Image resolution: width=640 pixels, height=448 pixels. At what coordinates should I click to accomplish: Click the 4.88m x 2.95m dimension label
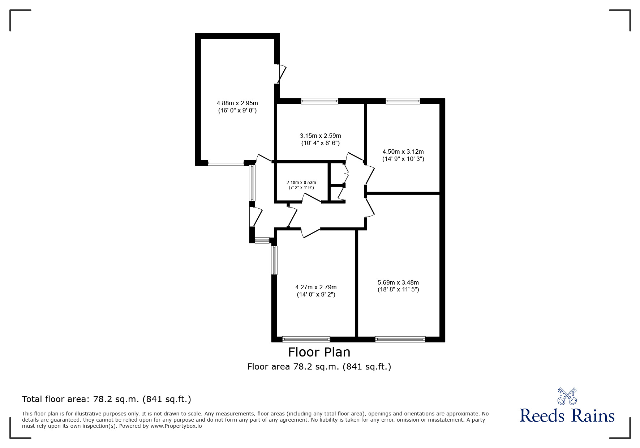(x=237, y=107)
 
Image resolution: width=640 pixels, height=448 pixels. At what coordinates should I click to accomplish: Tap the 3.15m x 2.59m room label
(x=320, y=139)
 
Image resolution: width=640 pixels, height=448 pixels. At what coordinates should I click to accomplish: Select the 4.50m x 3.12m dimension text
(x=403, y=155)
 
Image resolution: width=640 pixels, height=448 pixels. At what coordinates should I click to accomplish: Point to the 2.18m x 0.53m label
(x=301, y=185)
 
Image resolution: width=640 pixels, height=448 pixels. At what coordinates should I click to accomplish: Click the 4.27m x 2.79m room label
(x=316, y=291)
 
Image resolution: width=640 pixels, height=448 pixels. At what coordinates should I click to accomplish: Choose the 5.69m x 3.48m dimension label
(x=398, y=286)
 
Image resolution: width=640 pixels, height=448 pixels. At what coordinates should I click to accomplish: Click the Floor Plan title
(x=319, y=352)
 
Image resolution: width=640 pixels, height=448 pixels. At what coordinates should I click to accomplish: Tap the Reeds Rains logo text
(x=567, y=415)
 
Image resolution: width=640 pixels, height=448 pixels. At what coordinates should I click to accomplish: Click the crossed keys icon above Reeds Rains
(x=567, y=396)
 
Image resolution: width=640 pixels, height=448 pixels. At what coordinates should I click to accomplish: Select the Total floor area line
(x=107, y=399)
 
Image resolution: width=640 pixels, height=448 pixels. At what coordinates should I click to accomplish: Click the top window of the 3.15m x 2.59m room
(x=320, y=101)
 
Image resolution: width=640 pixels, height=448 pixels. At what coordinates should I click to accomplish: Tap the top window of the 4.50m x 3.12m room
(x=403, y=101)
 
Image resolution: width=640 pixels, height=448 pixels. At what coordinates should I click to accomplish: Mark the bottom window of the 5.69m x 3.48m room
(x=400, y=339)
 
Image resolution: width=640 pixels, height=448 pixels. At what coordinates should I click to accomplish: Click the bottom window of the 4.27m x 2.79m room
(x=306, y=339)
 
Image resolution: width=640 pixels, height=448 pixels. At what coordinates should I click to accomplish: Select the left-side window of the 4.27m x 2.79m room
(x=274, y=260)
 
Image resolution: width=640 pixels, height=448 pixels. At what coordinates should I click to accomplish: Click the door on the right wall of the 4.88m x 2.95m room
(x=280, y=74)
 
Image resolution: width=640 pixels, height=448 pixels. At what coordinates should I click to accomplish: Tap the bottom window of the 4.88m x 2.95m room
(x=226, y=163)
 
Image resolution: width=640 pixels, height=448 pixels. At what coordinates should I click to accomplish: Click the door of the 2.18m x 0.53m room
(x=312, y=198)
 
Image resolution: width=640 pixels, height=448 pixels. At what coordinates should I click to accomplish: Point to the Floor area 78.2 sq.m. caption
(x=319, y=367)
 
